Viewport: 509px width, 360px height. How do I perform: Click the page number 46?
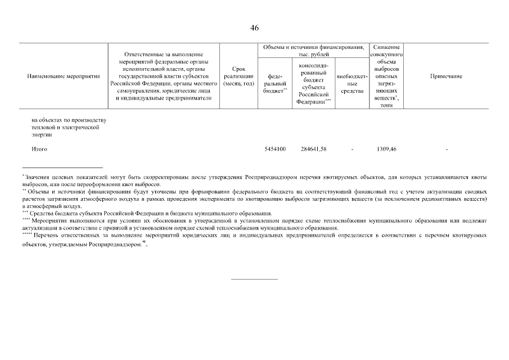(x=254, y=28)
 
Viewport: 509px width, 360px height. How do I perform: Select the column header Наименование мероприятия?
(x=63, y=76)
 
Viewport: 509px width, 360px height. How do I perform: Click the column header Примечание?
(x=446, y=76)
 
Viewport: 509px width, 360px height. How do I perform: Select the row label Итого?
(x=39, y=149)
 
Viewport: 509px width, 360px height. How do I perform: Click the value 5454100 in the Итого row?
(x=275, y=149)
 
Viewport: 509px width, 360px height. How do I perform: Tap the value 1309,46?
(x=386, y=149)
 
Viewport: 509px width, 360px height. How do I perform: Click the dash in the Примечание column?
(x=446, y=149)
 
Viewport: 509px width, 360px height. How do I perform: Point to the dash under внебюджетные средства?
(x=352, y=149)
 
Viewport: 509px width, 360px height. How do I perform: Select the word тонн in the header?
(x=386, y=105)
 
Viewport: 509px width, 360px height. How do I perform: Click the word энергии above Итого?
(x=41, y=134)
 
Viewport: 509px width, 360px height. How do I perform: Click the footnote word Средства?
(x=41, y=213)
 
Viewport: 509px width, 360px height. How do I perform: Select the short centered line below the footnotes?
(x=254, y=278)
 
